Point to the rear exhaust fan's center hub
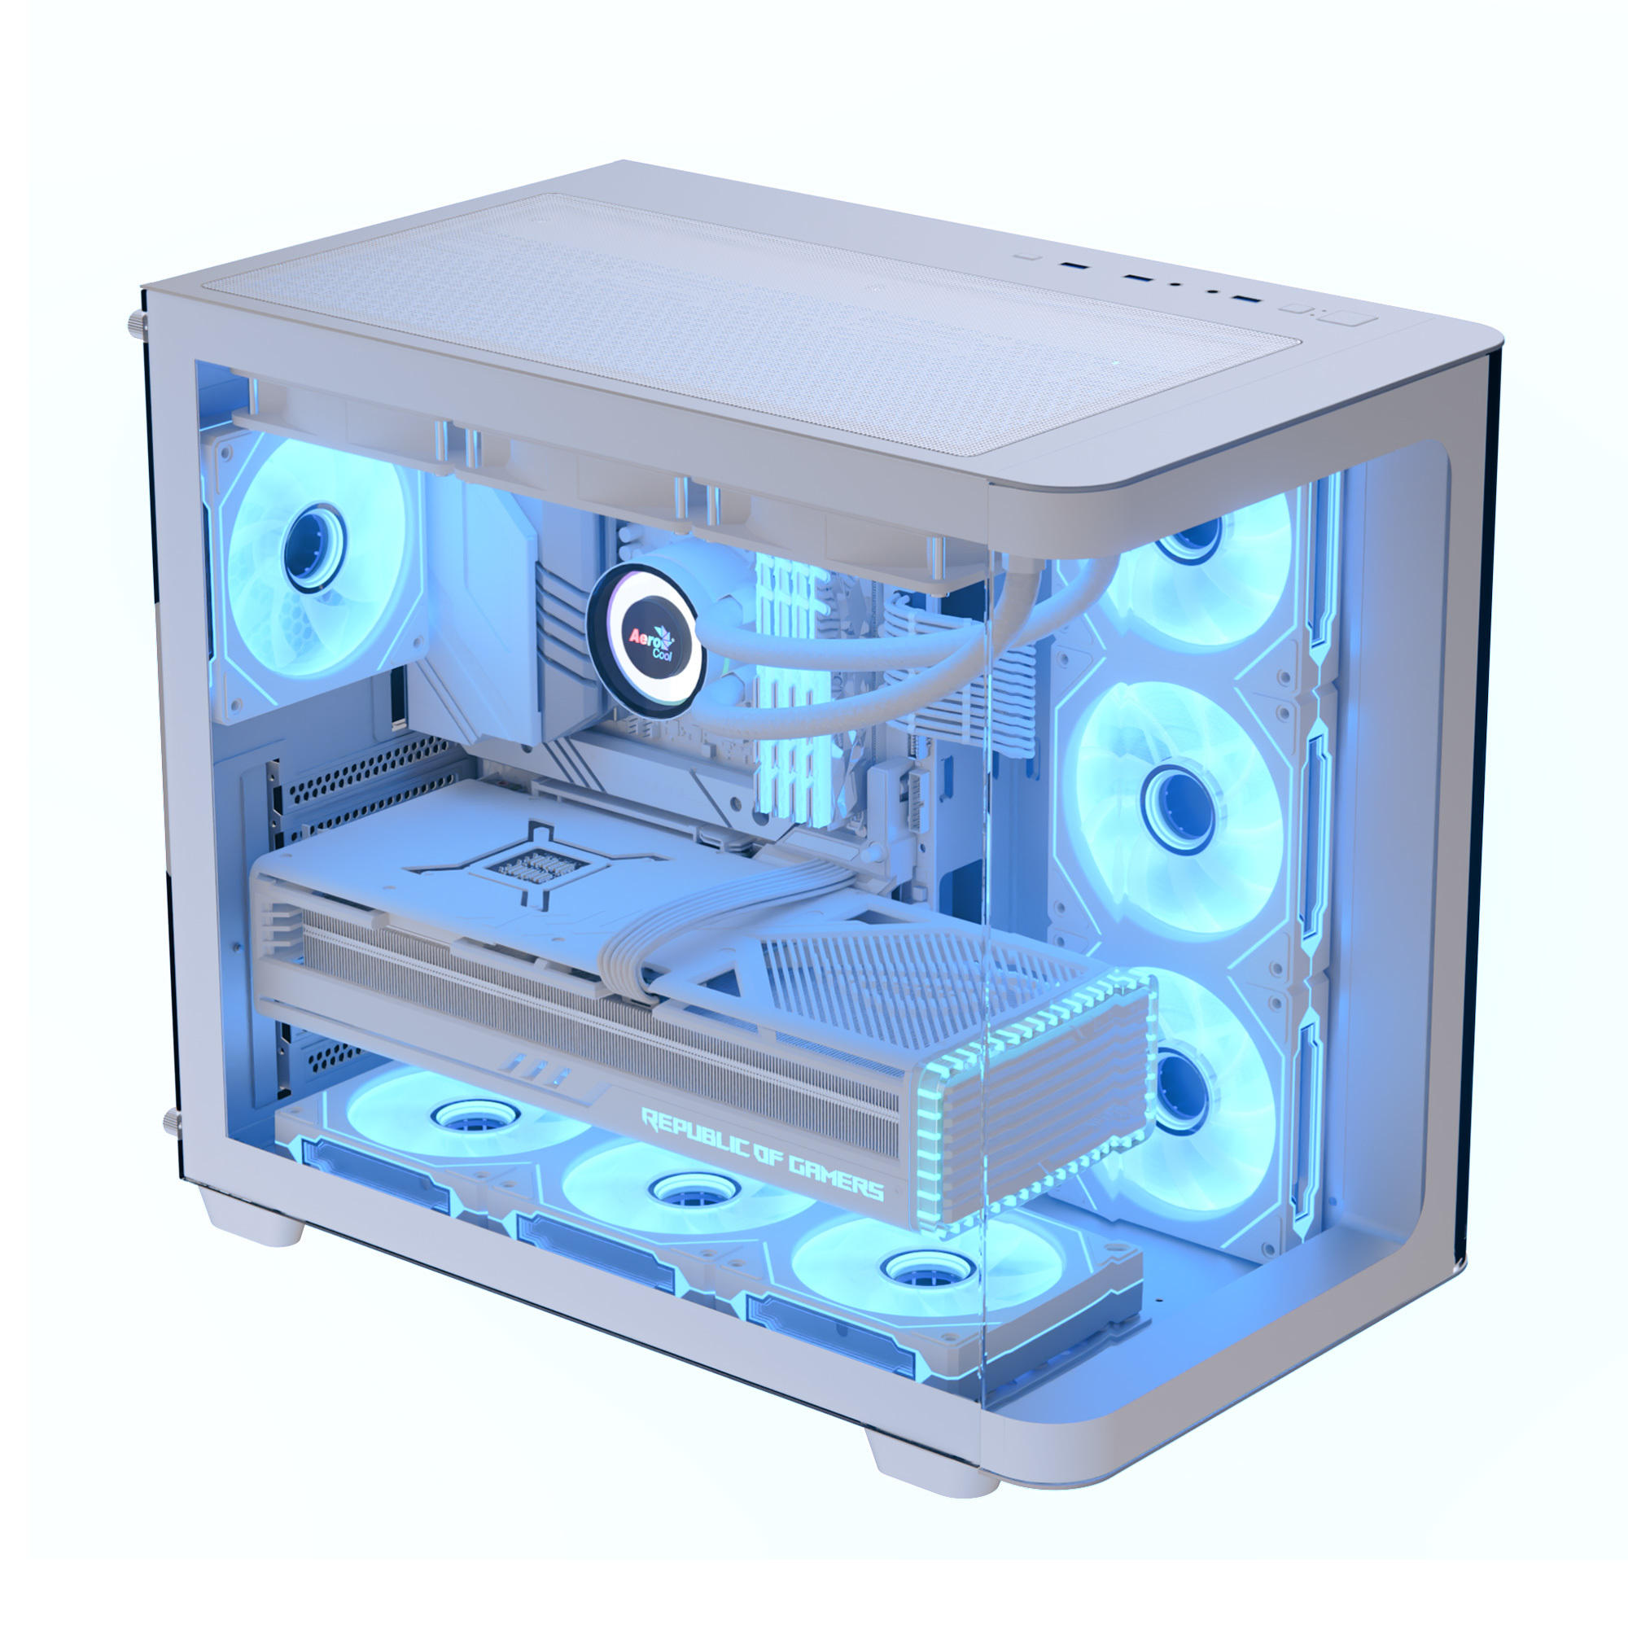click(x=314, y=546)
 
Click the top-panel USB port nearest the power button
click(x=1247, y=299)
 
